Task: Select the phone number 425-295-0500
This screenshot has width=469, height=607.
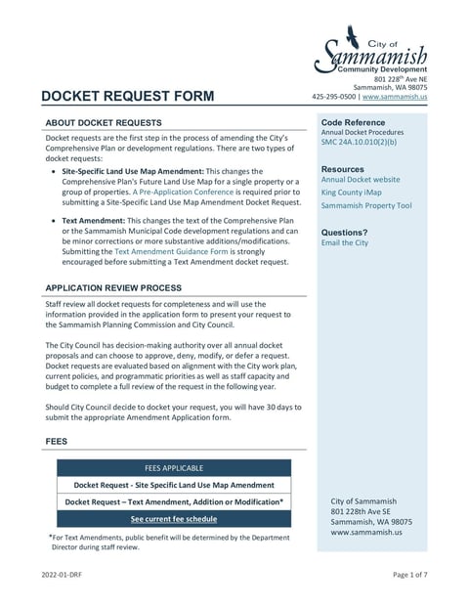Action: click(x=334, y=98)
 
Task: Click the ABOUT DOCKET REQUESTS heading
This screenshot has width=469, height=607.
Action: click(x=104, y=123)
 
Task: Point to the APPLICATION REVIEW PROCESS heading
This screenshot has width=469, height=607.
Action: click(x=113, y=288)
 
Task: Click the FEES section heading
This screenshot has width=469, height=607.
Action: click(x=57, y=442)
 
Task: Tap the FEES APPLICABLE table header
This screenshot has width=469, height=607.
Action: click(x=174, y=468)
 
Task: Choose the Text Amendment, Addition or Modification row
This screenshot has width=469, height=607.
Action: click(x=174, y=501)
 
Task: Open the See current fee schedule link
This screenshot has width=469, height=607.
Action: click(x=174, y=519)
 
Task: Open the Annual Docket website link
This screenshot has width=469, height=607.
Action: click(x=361, y=180)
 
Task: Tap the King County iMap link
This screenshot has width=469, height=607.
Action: click(x=352, y=194)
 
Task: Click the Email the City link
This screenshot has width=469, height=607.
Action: click(x=345, y=242)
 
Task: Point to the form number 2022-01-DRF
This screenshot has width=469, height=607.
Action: click(x=62, y=575)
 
